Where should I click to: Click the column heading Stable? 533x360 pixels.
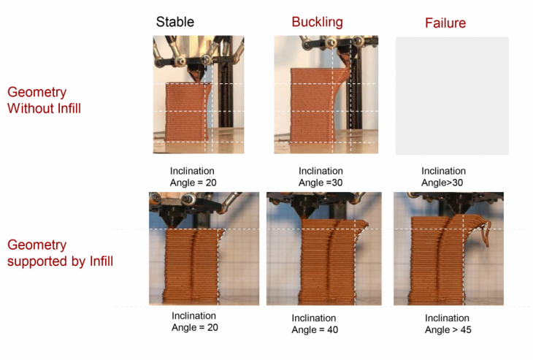[175, 22]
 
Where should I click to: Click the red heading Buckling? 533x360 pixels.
[317, 23]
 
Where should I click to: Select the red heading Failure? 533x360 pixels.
[445, 23]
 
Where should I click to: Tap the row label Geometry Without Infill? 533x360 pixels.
[45, 100]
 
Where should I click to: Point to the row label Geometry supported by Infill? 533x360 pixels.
[60, 253]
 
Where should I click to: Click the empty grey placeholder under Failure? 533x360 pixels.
[452, 96]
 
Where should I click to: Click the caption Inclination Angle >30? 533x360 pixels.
[443, 177]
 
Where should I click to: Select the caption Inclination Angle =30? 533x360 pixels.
[321, 177]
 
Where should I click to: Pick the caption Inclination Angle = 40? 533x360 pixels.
[315, 324]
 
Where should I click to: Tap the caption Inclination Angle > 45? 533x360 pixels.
[448, 324]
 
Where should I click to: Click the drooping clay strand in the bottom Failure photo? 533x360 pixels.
[486, 233]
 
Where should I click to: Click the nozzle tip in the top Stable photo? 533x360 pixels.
[196, 81]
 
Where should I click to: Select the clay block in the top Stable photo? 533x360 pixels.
[188, 112]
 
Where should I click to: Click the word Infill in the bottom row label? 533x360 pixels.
[101, 261]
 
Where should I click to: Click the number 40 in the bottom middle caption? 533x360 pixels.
[332, 330]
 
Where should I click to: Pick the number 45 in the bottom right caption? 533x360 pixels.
[465, 330]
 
